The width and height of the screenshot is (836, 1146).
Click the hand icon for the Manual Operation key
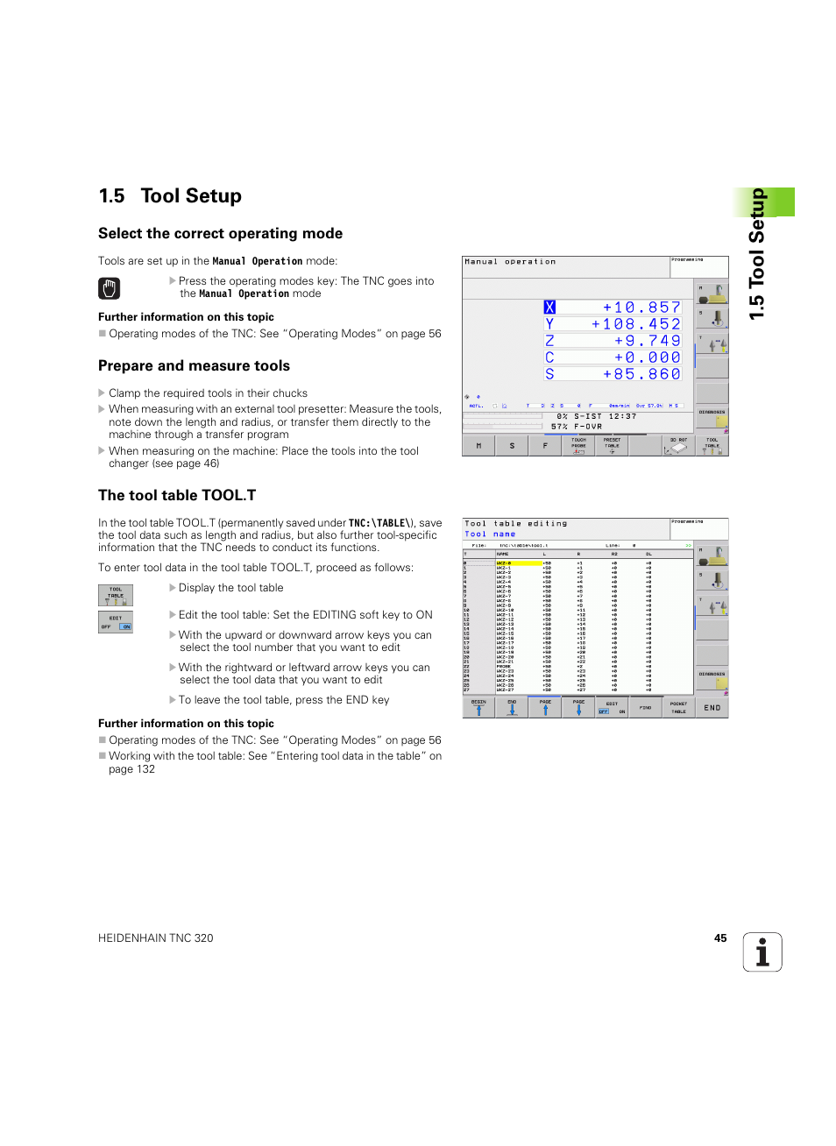pyautogui.click(x=109, y=288)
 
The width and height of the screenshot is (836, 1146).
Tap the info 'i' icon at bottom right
pyautogui.click(x=762, y=952)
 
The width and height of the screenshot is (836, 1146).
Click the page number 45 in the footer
pyautogui.click(x=720, y=938)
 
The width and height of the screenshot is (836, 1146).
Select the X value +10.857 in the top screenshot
pyautogui.click(x=641, y=308)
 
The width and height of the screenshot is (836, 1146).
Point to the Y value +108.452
pyautogui.click(x=635, y=324)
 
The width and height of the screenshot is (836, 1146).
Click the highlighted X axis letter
pyautogui.click(x=549, y=308)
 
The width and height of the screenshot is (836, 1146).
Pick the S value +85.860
pyautogui.click(x=641, y=374)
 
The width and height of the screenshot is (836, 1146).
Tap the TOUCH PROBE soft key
pyautogui.click(x=578, y=445)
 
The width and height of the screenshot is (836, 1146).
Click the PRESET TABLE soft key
pyautogui.click(x=612, y=445)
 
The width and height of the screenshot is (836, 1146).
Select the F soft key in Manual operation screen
pyautogui.click(x=545, y=446)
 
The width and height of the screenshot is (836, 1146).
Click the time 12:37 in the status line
pyautogui.click(x=622, y=416)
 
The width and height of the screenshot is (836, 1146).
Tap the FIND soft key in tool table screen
pyautogui.click(x=645, y=707)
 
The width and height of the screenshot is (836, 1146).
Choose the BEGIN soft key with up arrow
pyautogui.click(x=478, y=707)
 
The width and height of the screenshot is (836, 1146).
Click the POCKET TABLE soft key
pyautogui.click(x=678, y=707)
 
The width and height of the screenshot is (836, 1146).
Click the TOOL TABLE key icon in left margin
pyautogui.click(x=116, y=596)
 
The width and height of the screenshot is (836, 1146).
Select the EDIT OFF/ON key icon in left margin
pyautogui.click(x=116, y=622)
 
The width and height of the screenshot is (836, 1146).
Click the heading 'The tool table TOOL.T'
pyautogui.click(x=177, y=496)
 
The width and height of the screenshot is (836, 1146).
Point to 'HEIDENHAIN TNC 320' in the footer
pyautogui.click(x=156, y=938)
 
